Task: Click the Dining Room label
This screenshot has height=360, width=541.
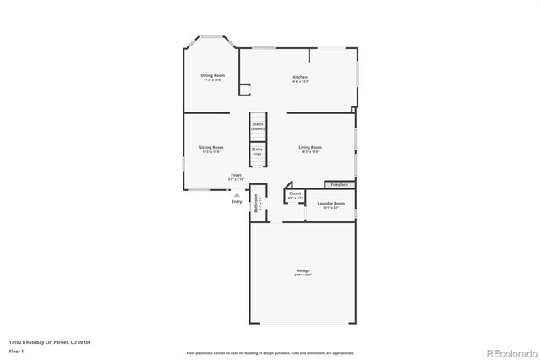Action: pyautogui.click(x=212, y=75)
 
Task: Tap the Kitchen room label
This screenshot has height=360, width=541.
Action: pyautogui.click(x=300, y=76)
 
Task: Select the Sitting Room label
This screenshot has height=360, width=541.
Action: pyautogui.click(x=211, y=147)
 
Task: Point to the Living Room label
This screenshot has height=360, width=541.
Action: pyautogui.click(x=310, y=147)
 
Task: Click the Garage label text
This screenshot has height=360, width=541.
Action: pyautogui.click(x=303, y=271)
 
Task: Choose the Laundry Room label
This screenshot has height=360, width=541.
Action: pyautogui.click(x=331, y=203)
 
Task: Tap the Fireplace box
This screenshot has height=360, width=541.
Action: pyautogui.click(x=340, y=184)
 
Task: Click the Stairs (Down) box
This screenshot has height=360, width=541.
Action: pyautogui.click(x=258, y=125)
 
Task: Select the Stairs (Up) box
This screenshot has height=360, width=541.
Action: pyautogui.click(x=258, y=153)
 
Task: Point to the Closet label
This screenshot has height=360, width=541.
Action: pyautogui.click(x=295, y=194)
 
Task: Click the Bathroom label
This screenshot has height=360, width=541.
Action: pyautogui.click(x=256, y=207)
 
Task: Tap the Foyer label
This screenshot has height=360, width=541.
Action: pyautogui.click(x=236, y=175)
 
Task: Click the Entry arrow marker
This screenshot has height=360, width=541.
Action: pyautogui.click(x=237, y=194)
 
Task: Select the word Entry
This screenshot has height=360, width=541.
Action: pyautogui.click(x=237, y=201)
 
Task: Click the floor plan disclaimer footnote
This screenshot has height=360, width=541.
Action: pyautogui.click(x=270, y=352)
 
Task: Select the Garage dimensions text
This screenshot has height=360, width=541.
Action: pyautogui.click(x=303, y=275)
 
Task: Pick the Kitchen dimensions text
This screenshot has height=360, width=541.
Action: pyautogui.click(x=300, y=81)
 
